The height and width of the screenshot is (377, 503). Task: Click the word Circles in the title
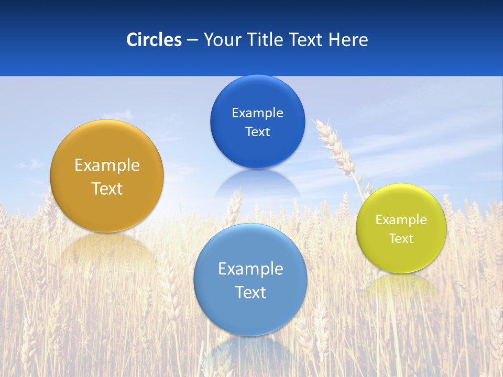(x=154, y=40)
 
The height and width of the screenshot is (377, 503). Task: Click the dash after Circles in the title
(x=192, y=40)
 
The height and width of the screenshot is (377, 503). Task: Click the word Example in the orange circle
(x=107, y=165)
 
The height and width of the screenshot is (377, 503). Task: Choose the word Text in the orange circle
(x=107, y=188)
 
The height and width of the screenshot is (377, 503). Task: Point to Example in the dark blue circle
(x=257, y=113)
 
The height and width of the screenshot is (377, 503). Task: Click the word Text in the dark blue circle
(x=257, y=131)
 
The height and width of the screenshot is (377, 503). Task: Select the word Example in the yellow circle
(x=401, y=220)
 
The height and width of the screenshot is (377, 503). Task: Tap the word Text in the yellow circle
(x=401, y=239)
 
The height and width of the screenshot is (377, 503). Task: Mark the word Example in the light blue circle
(x=250, y=269)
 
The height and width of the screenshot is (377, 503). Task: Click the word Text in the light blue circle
(x=250, y=292)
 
